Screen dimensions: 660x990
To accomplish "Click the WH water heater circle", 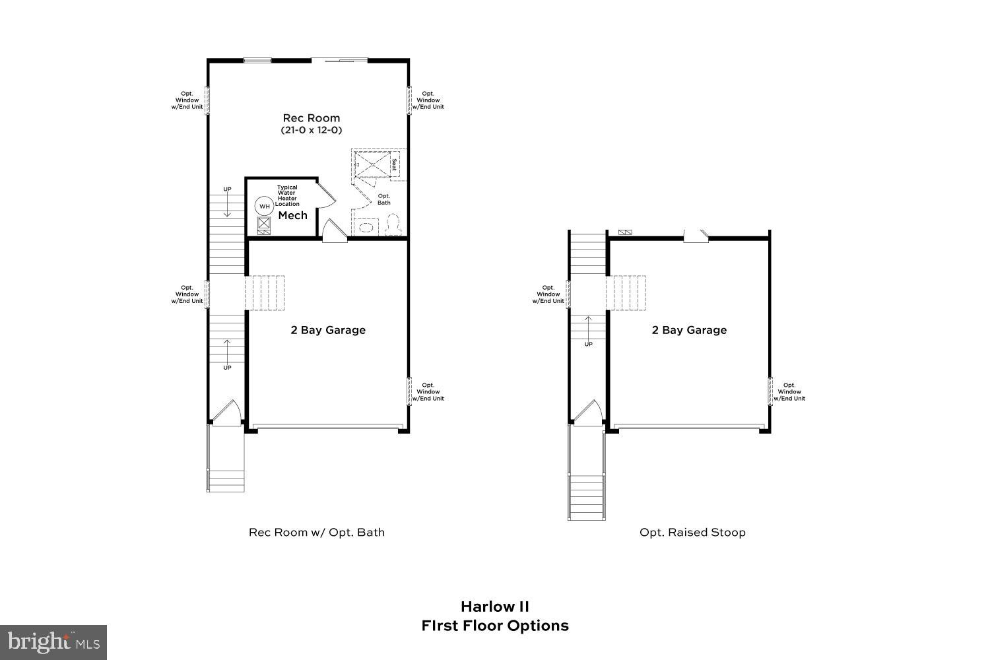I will pyautogui.click(x=265, y=206).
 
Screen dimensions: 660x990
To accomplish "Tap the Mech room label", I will pyautogui.click(x=292, y=216).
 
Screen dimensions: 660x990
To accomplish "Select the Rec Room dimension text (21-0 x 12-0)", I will pyautogui.click(x=311, y=131).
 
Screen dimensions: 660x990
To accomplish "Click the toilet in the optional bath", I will pyautogui.click(x=393, y=224).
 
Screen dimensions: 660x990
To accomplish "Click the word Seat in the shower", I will pyautogui.click(x=394, y=164).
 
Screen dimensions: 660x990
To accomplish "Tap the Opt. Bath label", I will pyautogui.click(x=383, y=199).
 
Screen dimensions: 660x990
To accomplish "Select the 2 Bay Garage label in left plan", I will pyautogui.click(x=328, y=330).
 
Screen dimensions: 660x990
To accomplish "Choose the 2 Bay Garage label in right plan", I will pyautogui.click(x=689, y=330).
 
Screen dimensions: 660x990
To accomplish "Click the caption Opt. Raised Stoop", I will pyautogui.click(x=692, y=532).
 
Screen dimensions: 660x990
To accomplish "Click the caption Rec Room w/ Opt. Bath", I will pyautogui.click(x=316, y=532).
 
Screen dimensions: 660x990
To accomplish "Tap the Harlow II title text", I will pyautogui.click(x=494, y=606).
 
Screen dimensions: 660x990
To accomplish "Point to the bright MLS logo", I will pyautogui.click(x=53, y=642).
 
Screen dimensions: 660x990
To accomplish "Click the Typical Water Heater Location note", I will pyautogui.click(x=287, y=195).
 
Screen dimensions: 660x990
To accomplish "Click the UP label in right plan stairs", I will pyautogui.click(x=588, y=344).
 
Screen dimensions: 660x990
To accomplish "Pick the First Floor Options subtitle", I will pyautogui.click(x=494, y=626).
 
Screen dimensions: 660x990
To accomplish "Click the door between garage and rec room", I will pyautogui.click(x=334, y=231).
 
